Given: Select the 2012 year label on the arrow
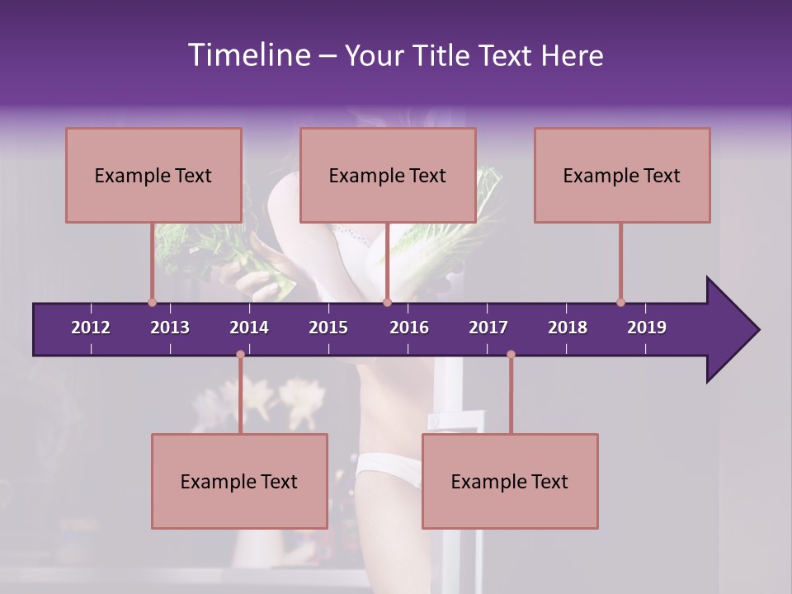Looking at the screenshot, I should point(91,328).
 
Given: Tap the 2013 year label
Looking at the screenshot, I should point(170,328).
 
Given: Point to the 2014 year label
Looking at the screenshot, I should point(249,328).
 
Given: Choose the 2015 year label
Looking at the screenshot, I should point(328,328).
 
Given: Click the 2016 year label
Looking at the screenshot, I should point(409,328).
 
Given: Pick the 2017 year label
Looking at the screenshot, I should point(488,328).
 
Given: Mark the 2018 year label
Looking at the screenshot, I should point(568,328).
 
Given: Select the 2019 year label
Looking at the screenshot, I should point(647,328).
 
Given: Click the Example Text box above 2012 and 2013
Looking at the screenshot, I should point(153,175).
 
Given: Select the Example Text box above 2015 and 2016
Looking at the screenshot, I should point(388,175).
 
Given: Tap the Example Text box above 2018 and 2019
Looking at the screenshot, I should point(622,175).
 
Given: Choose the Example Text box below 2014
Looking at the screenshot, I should point(239,481).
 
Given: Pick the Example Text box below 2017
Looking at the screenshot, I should point(510,481).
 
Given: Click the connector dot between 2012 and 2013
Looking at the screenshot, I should point(152,302).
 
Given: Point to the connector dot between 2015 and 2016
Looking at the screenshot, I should point(387,302).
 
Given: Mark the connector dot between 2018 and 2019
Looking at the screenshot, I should point(620,302).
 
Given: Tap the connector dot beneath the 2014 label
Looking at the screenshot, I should point(240,355).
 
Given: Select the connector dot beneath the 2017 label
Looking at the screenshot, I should point(511,355).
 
